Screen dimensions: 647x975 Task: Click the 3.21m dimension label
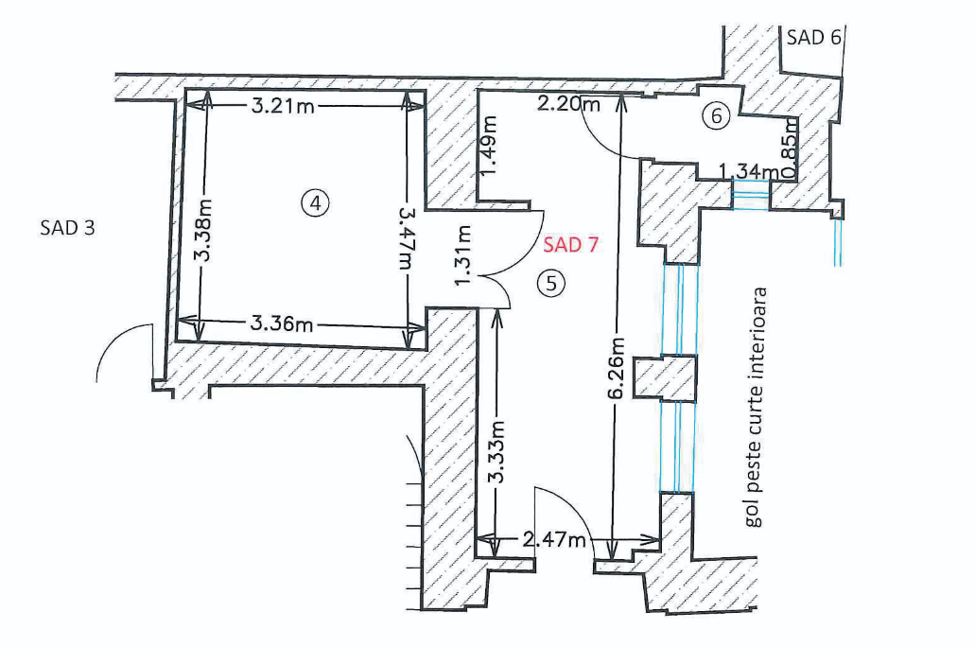tap(284, 106)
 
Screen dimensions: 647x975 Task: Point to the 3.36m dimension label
tap(282, 324)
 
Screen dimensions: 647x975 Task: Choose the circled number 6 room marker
tap(716, 116)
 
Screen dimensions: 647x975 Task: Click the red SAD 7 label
tap(571, 246)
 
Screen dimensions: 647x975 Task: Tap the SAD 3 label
tap(68, 227)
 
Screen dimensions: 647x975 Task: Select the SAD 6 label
tap(812, 38)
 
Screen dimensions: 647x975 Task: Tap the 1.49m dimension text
tap(489, 146)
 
